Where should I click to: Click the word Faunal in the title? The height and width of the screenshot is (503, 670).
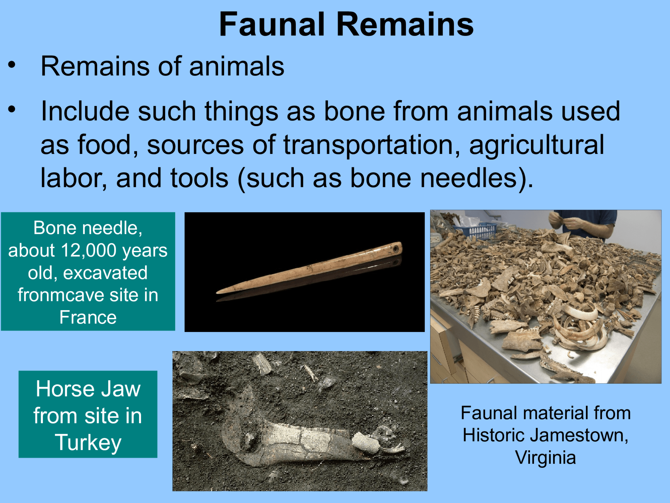(x=272, y=25)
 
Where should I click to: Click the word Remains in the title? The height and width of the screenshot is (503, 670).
(x=405, y=25)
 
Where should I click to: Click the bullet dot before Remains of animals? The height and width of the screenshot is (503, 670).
(x=12, y=65)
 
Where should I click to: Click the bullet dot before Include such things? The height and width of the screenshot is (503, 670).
(x=12, y=109)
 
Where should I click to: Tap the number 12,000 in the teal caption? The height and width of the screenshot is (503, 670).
(x=89, y=251)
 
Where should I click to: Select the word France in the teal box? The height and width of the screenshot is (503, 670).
(x=88, y=317)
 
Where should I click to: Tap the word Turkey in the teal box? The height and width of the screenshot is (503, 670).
(x=88, y=443)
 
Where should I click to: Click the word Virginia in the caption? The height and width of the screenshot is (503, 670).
(x=545, y=457)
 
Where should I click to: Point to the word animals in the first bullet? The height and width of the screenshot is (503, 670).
(x=237, y=66)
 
